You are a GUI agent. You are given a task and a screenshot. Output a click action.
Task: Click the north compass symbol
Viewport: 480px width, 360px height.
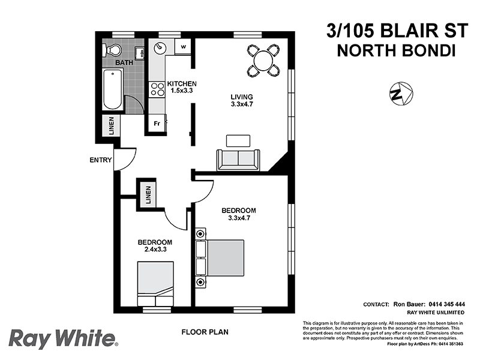400,94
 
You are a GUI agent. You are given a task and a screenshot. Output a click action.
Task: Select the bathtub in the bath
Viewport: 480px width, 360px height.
113,90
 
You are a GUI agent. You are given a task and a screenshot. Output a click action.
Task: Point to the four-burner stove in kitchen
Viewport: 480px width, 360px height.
157,89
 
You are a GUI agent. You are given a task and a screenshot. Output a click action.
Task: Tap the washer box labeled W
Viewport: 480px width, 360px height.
184,46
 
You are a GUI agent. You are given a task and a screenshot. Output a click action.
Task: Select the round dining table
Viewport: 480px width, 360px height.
263,60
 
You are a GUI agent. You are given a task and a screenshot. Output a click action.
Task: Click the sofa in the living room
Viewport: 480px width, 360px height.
239,159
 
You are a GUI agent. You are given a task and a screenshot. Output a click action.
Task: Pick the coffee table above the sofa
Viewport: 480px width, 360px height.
238,140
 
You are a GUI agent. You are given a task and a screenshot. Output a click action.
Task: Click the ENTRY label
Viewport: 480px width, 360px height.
100,160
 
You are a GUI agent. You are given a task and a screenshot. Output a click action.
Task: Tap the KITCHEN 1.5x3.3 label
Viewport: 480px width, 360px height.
182,87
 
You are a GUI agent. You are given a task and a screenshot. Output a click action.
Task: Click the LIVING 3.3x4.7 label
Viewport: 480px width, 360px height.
242,100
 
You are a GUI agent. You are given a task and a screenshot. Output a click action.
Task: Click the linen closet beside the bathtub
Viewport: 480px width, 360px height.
112,126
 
